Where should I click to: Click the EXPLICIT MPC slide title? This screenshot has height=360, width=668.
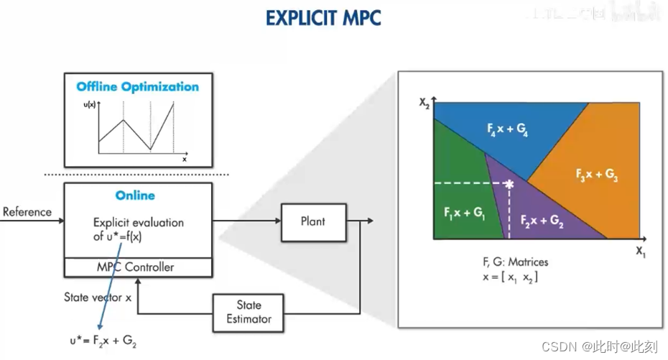tap(323, 17)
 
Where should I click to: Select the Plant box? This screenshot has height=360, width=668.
tap(312, 221)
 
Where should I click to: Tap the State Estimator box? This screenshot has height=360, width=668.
tap(249, 312)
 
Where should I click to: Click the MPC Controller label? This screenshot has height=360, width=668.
tap(135, 267)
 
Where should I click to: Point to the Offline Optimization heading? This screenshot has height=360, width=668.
tap(138, 87)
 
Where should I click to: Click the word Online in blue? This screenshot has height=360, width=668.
tap(135, 195)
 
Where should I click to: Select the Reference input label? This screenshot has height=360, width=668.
tap(27, 212)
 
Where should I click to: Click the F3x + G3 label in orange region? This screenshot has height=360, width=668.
tap(597, 175)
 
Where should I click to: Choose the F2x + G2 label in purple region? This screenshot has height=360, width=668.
tap(542, 220)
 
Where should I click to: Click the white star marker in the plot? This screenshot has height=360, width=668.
tap(509, 185)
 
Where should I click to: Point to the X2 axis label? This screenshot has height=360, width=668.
tap(425, 102)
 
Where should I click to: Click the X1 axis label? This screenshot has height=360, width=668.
tap(641, 251)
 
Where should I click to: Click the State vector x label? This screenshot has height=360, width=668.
tap(98, 297)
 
